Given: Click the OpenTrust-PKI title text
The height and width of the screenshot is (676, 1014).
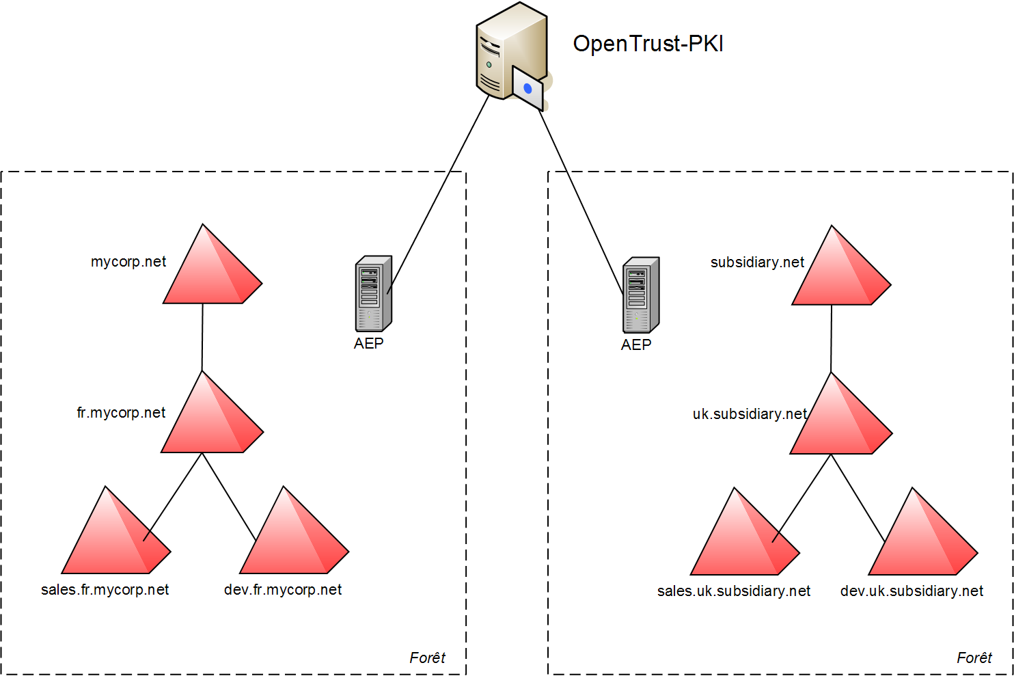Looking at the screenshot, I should (x=648, y=44).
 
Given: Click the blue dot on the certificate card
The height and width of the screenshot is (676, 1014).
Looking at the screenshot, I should (x=527, y=89).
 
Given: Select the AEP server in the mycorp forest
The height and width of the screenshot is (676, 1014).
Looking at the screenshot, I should (x=373, y=294).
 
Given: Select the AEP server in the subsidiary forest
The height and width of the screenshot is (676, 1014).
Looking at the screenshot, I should (x=641, y=295).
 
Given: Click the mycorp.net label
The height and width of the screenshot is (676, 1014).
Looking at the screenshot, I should (x=128, y=262).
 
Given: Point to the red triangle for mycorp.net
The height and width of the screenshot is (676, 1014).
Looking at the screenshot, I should (x=209, y=273).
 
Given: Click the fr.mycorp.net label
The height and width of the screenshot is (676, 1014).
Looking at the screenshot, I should (x=121, y=413).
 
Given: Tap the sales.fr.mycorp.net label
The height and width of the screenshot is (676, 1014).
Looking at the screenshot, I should (x=105, y=590).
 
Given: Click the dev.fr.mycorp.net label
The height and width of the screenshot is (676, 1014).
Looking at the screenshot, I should (x=283, y=590).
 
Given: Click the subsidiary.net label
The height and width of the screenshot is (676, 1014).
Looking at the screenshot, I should (x=757, y=262).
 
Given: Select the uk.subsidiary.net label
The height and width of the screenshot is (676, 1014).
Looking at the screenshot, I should (x=750, y=414).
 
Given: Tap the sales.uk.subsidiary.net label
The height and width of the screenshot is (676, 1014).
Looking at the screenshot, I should (x=734, y=591).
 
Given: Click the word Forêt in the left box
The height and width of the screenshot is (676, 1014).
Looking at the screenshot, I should (x=427, y=658).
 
